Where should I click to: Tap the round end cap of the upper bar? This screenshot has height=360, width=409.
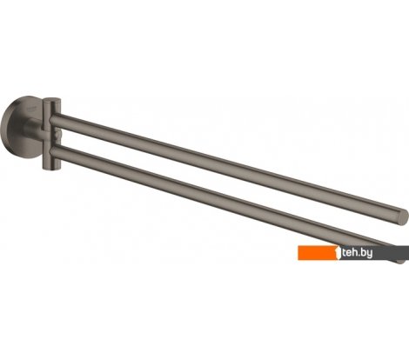pos(399,215)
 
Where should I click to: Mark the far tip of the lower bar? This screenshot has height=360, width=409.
pos(399,259)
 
